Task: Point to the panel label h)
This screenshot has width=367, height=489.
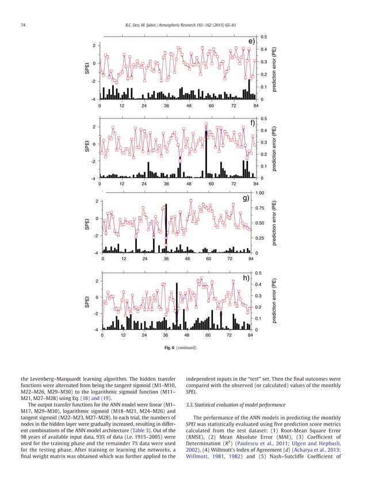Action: (x=246, y=278)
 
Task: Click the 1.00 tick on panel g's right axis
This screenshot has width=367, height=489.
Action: (x=261, y=194)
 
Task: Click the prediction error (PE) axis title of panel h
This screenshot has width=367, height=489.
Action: (x=275, y=301)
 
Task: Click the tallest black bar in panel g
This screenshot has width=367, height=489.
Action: (x=166, y=228)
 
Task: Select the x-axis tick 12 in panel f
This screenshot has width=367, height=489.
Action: (x=122, y=184)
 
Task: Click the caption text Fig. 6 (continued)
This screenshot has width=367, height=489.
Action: (x=183, y=348)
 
